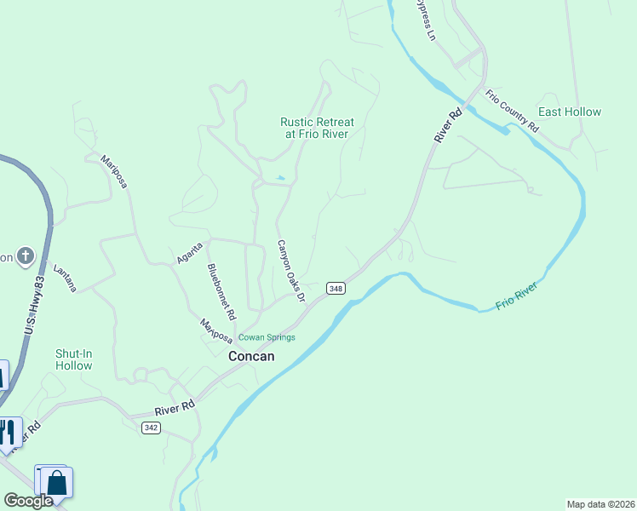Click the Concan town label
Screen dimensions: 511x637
click(x=251, y=357)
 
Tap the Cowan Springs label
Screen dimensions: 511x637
click(x=267, y=337)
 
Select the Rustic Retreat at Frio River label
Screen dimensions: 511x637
click(x=317, y=129)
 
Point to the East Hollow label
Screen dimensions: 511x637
click(x=570, y=112)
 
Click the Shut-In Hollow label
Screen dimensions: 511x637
click(x=73, y=359)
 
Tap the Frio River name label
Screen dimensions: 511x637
click(x=517, y=299)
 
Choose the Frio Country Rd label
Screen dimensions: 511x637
click(x=513, y=110)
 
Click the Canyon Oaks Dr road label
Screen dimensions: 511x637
click(x=290, y=271)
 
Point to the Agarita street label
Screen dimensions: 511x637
click(x=190, y=253)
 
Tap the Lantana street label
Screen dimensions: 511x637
click(x=66, y=278)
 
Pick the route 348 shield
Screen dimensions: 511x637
click(x=335, y=288)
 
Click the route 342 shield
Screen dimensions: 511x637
click(x=151, y=428)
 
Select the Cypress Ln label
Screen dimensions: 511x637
click(x=425, y=20)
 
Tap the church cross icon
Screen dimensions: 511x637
click(x=26, y=255)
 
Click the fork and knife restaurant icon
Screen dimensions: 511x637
click(x=9, y=432)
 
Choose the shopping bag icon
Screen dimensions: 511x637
click(x=57, y=483)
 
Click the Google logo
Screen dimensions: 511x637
click(x=28, y=501)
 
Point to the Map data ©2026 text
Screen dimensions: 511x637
click(x=600, y=504)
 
